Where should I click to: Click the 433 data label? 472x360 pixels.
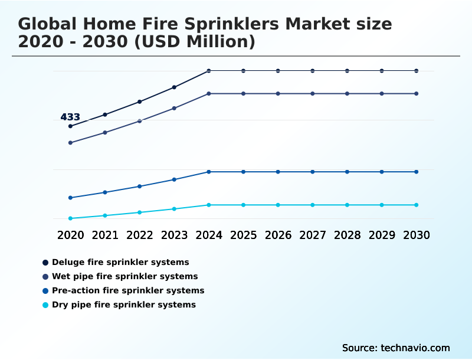point(70,117)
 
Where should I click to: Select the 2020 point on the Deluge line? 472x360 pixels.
point(70,126)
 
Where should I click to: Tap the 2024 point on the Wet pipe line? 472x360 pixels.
point(209,94)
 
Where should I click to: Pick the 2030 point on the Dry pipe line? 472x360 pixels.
point(417,205)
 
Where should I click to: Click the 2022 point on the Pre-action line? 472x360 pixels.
point(140,186)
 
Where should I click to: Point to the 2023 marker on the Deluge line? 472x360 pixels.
point(174,87)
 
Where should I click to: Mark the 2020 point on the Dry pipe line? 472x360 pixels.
point(70,218)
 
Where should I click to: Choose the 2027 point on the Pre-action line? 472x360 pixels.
point(313,172)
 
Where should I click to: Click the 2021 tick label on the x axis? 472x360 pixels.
point(105,235)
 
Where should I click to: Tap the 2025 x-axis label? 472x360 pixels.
point(243,235)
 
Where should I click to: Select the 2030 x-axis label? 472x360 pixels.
point(417,235)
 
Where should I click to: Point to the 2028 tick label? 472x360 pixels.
point(347,235)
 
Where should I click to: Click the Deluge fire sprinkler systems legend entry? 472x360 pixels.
point(120,262)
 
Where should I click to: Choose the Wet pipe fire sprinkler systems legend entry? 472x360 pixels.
point(124,276)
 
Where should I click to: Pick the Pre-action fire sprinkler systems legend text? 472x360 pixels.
point(128,290)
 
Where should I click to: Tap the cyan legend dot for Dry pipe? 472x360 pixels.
point(45,305)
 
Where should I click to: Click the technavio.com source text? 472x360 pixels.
point(415,348)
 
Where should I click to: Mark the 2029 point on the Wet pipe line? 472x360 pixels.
point(382,94)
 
